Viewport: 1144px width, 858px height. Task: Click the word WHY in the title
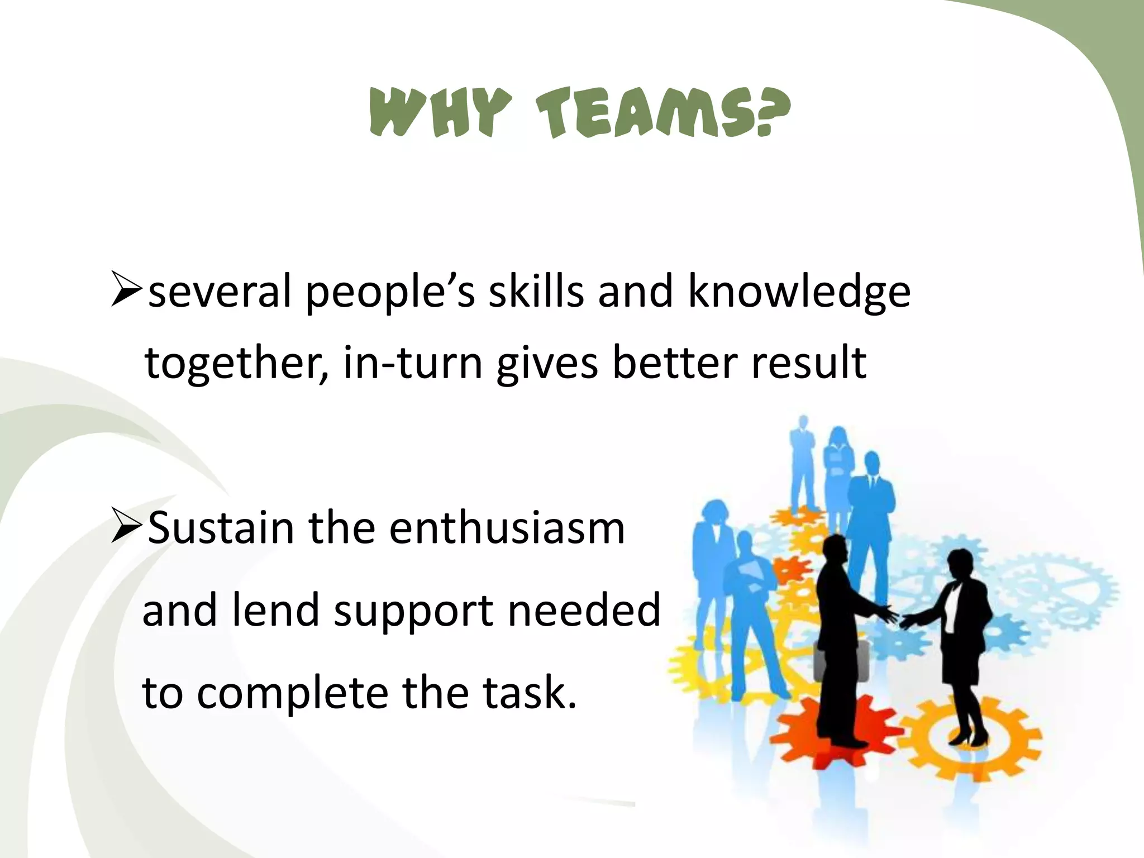pyautogui.click(x=440, y=114)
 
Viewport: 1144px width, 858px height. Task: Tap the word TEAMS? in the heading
pyautogui.click(x=663, y=114)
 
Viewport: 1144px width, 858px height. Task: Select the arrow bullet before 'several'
pyautogui.click(x=127, y=289)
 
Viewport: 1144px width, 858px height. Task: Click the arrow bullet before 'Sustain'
pyautogui.click(x=127, y=526)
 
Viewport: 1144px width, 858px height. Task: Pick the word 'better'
pyautogui.click(x=674, y=363)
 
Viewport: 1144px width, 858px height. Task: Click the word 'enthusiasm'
pyautogui.click(x=507, y=528)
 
